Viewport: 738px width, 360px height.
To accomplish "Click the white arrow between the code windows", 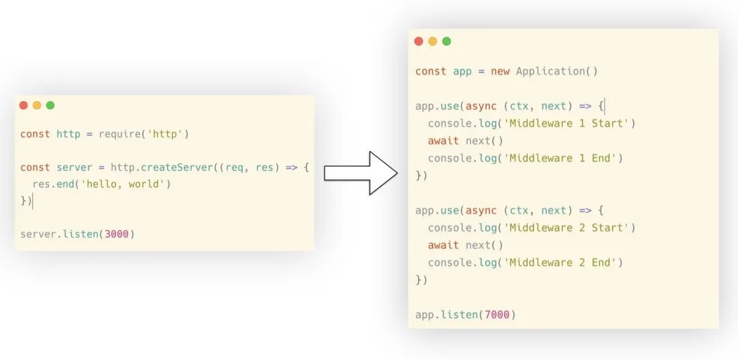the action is pos(361,173).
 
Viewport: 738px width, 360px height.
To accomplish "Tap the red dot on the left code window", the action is pos(23,105).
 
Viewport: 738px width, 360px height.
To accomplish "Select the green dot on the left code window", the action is pos(50,105).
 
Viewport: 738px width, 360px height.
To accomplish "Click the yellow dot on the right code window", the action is pos(433,41).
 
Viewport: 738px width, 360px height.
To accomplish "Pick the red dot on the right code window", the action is pos(419,41).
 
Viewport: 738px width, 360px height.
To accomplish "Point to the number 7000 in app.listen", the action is pos(497,314).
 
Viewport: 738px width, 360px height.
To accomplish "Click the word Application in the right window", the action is pos(550,71).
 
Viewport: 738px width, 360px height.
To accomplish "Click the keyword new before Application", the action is pos(500,71).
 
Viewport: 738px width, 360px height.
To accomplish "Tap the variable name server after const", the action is pos(74,167).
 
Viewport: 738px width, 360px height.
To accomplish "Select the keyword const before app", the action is pos(430,71).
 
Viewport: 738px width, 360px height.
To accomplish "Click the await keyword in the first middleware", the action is pos(443,141).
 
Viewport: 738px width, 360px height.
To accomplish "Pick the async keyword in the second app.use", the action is pos(481,210).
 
